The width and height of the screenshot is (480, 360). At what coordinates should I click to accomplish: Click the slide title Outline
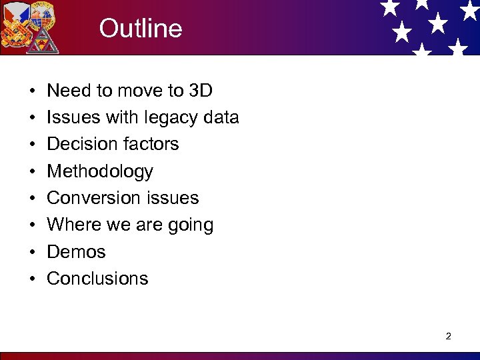click(x=140, y=29)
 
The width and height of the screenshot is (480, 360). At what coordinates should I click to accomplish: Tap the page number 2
click(x=448, y=336)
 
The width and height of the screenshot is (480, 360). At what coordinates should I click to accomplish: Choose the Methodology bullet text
click(x=100, y=172)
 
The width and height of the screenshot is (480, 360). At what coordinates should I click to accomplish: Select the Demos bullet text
click(x=76, y=252)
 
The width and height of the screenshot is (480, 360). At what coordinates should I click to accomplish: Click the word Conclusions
click(x=97, y=279)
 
